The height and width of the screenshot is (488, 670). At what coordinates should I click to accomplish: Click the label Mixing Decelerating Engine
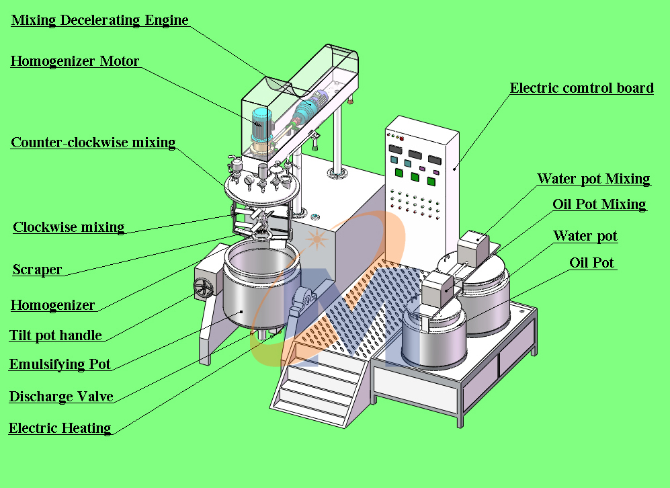click(99, 20)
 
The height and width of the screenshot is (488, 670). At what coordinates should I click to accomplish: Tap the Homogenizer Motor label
click(75, 62)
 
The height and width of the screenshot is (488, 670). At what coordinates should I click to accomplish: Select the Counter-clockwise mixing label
click(93, 143)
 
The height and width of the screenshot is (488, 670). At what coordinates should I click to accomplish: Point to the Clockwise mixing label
click(69, 227)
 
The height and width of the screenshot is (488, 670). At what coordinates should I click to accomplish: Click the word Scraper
click(38, 270)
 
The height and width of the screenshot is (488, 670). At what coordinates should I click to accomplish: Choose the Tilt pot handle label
click(55, 335)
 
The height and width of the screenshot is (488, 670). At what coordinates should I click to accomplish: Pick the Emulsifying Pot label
click(60, 365)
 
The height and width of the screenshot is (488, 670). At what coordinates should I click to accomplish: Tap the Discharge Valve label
click(60, 397)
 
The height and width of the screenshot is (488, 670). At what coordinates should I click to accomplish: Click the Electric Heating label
click(59, 428)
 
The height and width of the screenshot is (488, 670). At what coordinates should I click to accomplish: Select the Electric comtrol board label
click(581, 88)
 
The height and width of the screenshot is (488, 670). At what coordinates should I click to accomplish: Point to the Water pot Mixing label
click(593, 179)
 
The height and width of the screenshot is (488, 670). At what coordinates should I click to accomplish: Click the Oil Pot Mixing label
click(599, 204)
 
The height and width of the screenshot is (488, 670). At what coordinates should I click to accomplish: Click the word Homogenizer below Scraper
click(52, 306)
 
